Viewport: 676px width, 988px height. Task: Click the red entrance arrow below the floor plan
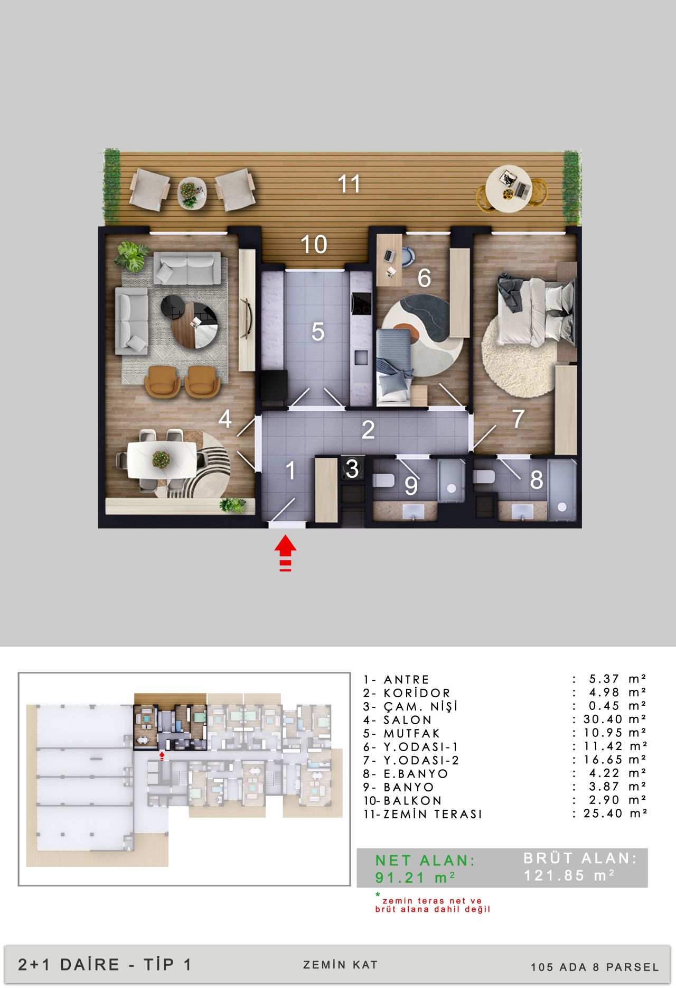285,553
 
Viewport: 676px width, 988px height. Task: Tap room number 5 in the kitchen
317,331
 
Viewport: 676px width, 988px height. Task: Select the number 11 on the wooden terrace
349,184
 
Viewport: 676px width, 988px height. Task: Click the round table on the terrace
509,189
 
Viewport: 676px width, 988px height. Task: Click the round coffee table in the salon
195,325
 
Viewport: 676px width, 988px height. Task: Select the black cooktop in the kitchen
362,303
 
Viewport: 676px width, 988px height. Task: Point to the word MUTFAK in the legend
411,733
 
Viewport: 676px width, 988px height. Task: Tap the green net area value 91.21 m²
415,878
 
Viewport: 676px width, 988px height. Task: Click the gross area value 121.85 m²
569,875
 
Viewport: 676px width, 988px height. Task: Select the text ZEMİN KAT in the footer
341,965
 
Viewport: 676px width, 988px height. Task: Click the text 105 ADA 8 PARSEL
595,967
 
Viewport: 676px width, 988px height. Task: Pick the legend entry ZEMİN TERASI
433,814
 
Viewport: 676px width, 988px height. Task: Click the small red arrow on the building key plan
162,756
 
